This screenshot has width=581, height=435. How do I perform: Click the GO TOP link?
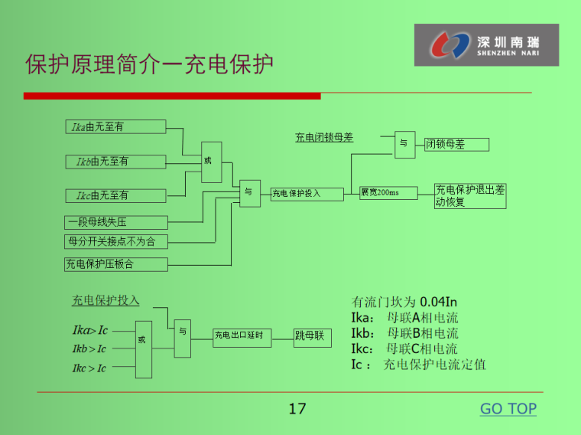(508, 409)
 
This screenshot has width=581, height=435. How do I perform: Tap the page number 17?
(297, 409)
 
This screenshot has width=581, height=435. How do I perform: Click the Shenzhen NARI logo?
(486, 45)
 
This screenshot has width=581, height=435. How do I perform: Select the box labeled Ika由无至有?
(115, 127)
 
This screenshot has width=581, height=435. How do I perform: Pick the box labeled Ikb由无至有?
(115, 162)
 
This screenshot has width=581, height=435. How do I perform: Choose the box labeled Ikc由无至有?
(115, 195)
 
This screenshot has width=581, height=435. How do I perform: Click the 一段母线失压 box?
(115, 223)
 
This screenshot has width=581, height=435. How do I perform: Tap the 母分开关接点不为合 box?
(115, 242)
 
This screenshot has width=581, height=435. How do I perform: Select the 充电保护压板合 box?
(115, 264)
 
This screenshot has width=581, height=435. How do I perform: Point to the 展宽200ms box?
(388, 193)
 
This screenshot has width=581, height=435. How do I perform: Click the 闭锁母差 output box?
(456, 144)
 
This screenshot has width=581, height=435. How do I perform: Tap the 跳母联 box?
(313, 335)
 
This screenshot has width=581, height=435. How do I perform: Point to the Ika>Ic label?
(90, 330)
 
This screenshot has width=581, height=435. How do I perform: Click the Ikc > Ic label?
(89, 368)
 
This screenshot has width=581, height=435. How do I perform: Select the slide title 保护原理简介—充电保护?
(149, 64)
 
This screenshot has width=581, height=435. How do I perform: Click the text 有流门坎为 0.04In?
(404, 302)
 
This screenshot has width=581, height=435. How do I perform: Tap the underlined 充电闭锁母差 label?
(324, 138)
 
